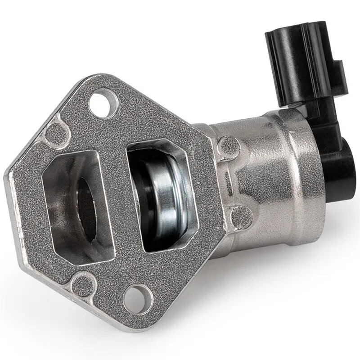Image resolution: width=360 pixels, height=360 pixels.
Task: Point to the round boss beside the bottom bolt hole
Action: coord(83,283)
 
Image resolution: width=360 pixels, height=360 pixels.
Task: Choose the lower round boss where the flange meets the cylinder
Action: coord(238,218)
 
